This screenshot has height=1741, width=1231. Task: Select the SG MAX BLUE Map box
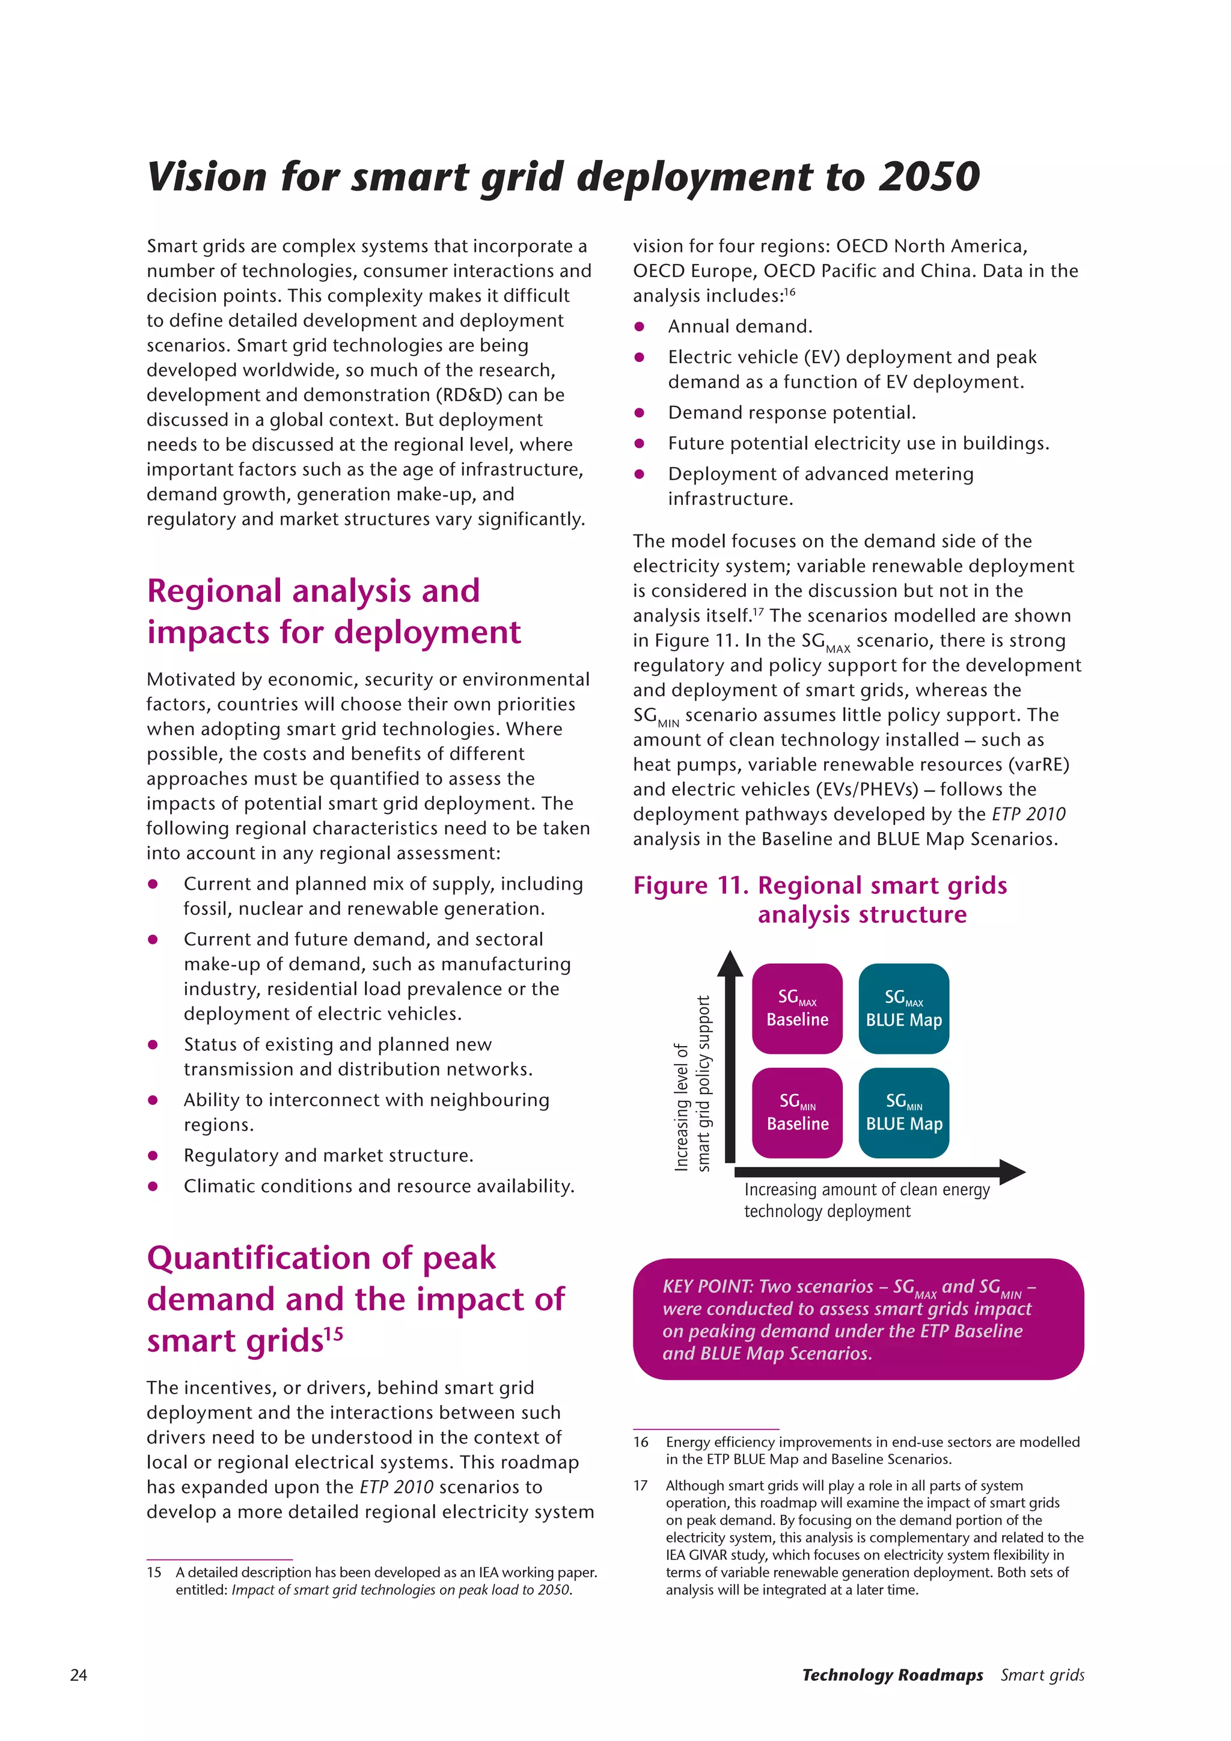tap(903, 1009)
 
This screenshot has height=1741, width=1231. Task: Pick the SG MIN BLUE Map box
tap(903, 1112)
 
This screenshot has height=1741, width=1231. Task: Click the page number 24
tap(78, 1675)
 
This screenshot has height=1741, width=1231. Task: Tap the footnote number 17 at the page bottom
tap(641, 1486)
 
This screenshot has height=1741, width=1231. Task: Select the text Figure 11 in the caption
tap(690, 886)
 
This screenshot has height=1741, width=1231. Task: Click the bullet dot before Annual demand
tap(639, 327)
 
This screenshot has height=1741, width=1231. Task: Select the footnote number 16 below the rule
tap(641, 1442)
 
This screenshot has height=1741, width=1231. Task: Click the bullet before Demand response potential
tap(639, 413)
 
